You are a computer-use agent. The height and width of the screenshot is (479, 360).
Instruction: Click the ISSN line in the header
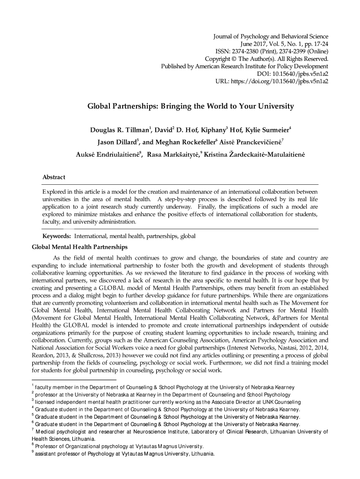tap(272, 51)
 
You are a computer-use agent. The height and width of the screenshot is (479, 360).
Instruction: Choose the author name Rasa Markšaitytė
tap(173, 154)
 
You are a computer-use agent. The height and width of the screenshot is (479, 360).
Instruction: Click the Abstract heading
tap(54, 177)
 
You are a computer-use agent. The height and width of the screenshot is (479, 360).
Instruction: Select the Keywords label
tap(57, 236)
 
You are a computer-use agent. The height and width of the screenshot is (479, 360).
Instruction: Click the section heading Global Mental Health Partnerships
tap(79, 247)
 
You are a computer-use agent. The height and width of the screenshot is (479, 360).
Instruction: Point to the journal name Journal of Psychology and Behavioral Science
tap(270, 36)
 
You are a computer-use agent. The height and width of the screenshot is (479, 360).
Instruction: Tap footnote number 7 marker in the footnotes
tap(33, 430)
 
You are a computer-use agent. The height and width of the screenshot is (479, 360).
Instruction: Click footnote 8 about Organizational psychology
tap(119, 446)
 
